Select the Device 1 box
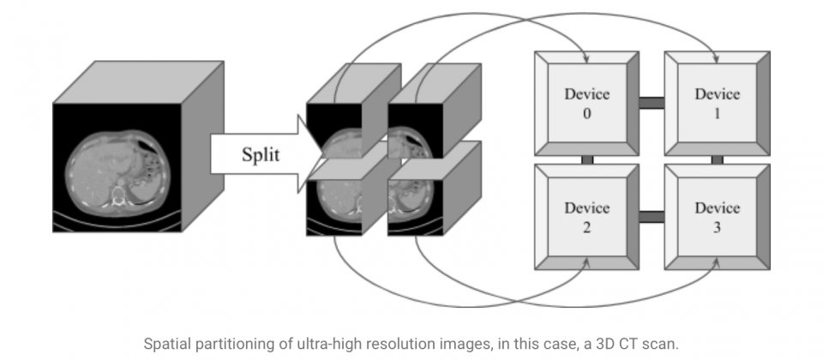tap(717, 102)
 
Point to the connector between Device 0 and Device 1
tap(652, 103)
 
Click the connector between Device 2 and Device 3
tap(652, 216)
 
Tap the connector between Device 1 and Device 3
tap(717, 159)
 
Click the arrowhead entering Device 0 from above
tap(586, 59)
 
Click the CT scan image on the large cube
tap(117, 167)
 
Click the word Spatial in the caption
tap(167, 344)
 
